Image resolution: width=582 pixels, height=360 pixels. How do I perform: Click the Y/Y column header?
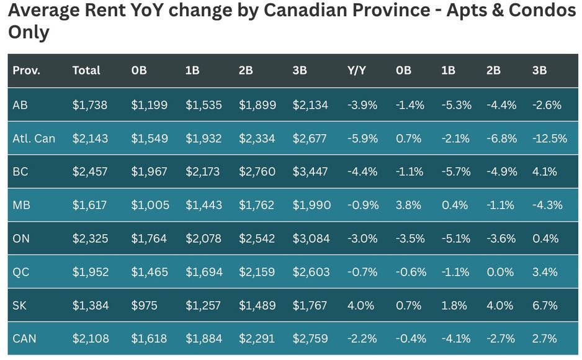pyautogui.click(x=356, y=71)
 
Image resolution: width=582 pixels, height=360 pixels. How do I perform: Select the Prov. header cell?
pyautogui.click(x=26, y=71)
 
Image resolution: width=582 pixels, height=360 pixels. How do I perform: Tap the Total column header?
pyautogui.click(x=86, y=71)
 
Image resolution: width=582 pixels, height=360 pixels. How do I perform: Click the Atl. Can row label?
pyautogui.click(x=34, y=138)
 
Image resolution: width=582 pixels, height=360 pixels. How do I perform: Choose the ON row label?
pyautogui.click(x=21, y=238)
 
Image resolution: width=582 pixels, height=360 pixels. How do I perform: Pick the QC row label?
pyautogui.click(x=21, y=272)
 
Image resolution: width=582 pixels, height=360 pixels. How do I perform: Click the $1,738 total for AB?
pyautogui.click(x=90, y=105)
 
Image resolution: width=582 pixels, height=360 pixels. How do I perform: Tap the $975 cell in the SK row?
pyautogui.click(x=144, y=305)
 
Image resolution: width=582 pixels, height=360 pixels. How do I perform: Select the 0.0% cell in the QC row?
pyautogui.click(x=500, y=272)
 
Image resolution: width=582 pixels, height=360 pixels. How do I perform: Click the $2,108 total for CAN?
pyautogui.click(x=91, y=339)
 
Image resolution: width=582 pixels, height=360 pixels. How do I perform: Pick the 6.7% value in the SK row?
pyautogui.click(x=545, y=305)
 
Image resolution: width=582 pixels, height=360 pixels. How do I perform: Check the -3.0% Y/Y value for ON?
pyautogui.click(x=362, y=238)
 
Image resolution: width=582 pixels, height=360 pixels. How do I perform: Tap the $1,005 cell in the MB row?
pyautogui.click(x=150, y=205)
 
